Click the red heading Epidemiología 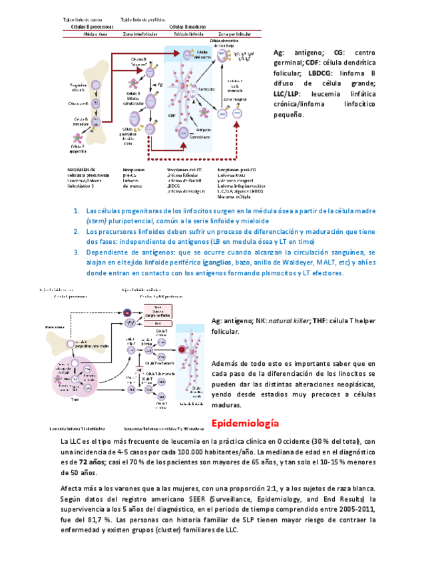tap(244, 423)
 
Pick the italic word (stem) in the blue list tap(96, 221)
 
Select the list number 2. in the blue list tap(77, 231)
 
